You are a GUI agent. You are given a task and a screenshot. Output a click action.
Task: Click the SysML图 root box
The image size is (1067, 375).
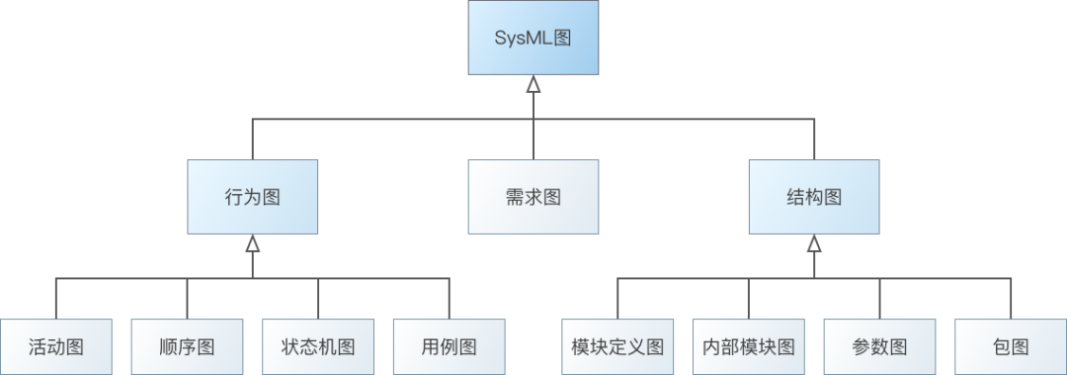(x=533, y=38)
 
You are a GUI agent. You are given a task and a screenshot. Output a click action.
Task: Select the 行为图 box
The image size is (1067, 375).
(x=253, y=196)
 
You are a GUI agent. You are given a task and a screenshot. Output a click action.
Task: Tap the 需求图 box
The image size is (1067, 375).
(x=533, y=196)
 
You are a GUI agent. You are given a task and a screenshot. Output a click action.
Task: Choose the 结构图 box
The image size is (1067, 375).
(x=814, y=196)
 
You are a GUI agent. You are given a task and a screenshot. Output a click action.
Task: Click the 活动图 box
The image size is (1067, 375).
(x=56, y=346)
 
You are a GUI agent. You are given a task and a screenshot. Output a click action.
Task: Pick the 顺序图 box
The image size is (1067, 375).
(x=187, y=346)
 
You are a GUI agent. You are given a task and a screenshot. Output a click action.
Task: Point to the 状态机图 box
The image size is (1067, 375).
(x=318, y=346)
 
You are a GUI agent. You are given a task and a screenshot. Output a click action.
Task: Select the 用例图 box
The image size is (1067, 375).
(x=449, y=346)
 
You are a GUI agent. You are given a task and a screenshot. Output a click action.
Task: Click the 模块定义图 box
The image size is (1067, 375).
(x=617, y=346)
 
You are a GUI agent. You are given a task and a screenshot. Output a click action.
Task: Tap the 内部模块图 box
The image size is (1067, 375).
(x=748, y=346)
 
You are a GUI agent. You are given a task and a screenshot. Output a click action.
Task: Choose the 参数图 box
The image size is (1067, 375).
(x=879, y=346)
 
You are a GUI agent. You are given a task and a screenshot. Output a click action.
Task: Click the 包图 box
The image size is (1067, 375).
(x=1010, y=346)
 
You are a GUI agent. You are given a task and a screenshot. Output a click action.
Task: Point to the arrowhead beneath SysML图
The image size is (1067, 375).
(x=533, y=84)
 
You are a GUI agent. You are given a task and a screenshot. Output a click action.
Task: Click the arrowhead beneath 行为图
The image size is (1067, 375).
(x=253, y=242)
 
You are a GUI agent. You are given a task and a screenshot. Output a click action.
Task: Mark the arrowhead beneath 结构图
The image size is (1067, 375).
(x=814, y=242)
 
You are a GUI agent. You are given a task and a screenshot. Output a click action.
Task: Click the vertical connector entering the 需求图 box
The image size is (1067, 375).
(x=533, y=139)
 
